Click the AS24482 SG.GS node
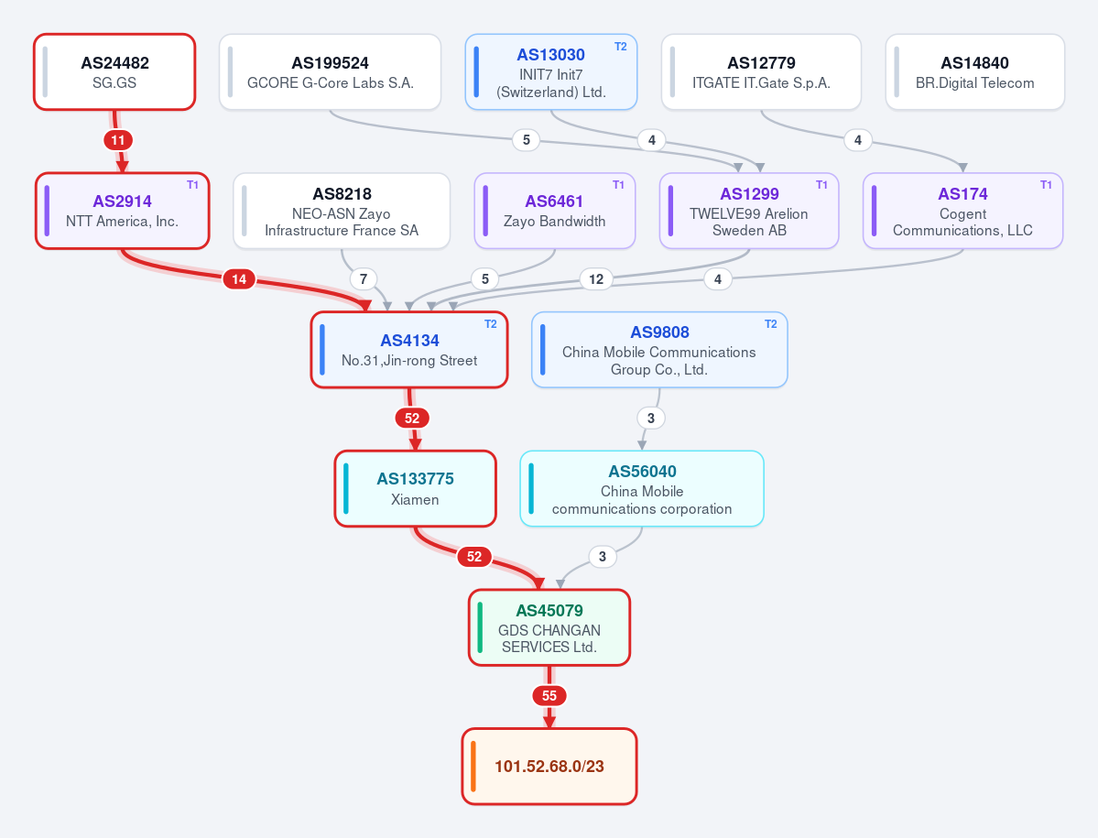pyautogui.click(x=114, y=72)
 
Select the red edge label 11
pyautogui.click(x=117, y=140)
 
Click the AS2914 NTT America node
pyautogui.click(x=123, y=211)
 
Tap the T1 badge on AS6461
pyautogui.click(x=618, y=185)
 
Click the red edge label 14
pyautogui.click(x=239, y=279)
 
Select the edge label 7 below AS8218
pyautogui.click(x=364, y=279)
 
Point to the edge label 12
pyautogui.click(x=596, y=279)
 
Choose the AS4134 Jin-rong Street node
pyautogui.click(x=409, y=349)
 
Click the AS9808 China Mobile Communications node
pyautogui.click(x=659, y=349)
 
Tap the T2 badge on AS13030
pyautogui.click(x=620, y=46)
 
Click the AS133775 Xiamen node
pyautogui.click(x=415, y=488)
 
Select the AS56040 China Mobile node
pyautogui.click(x=641, y=488)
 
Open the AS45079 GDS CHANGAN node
pyautogui.click(x=549, y=627)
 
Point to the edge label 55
pyautogui.click(x=549, y=696)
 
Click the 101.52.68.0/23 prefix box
pyautogui.click(x=549, y=767)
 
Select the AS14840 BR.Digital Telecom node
pyautogui.click(x=974, y=72)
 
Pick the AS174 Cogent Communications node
pyautogui.click(x=962, y=211)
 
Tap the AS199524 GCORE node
pyautogui.click(x=330, y=72)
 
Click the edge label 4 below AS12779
pyautogui.click(x=858, y=140)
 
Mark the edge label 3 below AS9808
pyautogui.click(x=650, y=418)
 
